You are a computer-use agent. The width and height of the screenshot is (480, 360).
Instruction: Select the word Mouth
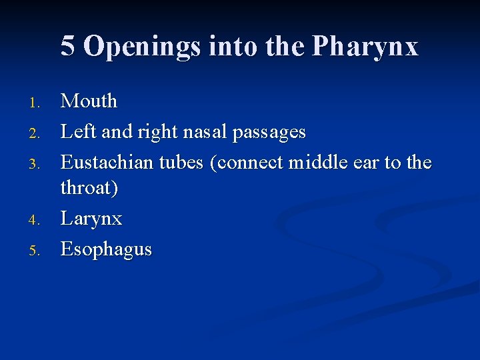89,101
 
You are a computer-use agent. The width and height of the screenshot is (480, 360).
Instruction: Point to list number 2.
37,134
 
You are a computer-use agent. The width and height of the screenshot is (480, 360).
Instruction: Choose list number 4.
37,221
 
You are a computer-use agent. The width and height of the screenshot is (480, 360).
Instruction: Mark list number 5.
37,251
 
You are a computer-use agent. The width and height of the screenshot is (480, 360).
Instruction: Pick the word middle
318,163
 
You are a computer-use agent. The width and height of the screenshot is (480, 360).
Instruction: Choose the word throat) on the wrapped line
89,188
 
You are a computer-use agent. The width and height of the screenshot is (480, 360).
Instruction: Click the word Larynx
91,219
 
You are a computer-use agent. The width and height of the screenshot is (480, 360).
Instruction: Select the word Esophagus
106,250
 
